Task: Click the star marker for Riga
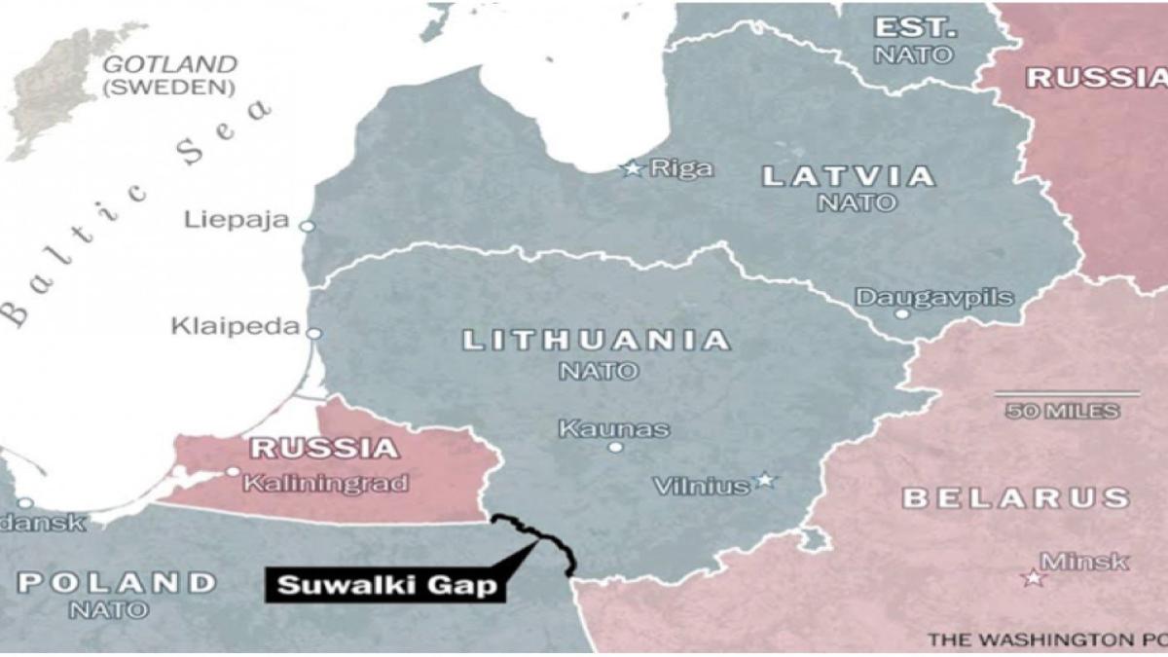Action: point(633,168)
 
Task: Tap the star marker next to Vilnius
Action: point(765,480)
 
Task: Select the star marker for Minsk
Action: point(1032,578)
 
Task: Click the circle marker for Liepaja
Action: point(308,226)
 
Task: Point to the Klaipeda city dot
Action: point(313,333)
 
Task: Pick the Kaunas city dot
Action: point(615,447)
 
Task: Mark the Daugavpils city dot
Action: point(902,313)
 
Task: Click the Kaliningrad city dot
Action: point(233,471)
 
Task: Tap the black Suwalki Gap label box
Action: point(385,586)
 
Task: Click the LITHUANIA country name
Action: point(596,341)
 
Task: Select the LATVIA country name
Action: point(849,177)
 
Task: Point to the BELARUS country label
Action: point(1016,498)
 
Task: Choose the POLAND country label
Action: point(117,583)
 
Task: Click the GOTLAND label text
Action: point(169,65)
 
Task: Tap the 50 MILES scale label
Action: point(1063,411)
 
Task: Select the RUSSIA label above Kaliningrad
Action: point(324,449)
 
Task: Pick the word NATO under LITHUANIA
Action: point(599,371)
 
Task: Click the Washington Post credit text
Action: point(1046,639)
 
